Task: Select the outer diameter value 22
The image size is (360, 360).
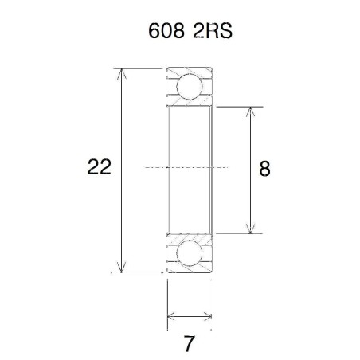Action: (100, 167)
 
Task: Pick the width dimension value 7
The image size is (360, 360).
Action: (189, 345)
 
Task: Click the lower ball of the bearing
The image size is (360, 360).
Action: (190, 253)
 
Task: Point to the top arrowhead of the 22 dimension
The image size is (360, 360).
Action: (121, 73)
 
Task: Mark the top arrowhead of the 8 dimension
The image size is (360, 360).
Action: (251, 110)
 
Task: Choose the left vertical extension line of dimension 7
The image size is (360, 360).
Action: (167, 303)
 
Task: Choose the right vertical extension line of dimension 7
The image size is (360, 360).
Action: (212, 303)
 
